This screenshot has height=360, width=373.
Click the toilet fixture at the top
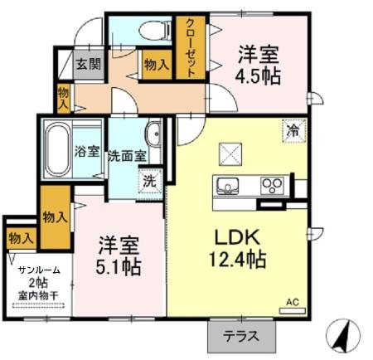tap(152, 31)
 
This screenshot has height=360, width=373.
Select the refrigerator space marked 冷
tap(293, 129)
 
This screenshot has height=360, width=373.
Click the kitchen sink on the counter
tap(227, 184)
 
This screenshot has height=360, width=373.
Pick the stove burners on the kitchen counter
tap(271, 184)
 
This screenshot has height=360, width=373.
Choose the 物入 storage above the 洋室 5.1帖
tap(55, 218)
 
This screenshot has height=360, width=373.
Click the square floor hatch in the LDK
tap(229, 153)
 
